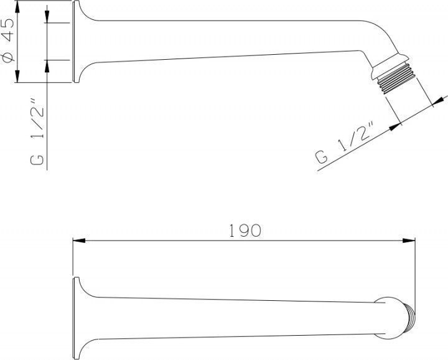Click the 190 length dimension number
[x=245, y=230]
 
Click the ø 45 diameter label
[x=7, y=40]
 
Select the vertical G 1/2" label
[x=37, y=132]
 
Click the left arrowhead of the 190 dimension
[x=79, y=240]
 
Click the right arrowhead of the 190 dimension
[x=409, y=240]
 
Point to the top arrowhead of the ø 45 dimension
[x=17, y=6]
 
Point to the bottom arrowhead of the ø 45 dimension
[x=17, y=77]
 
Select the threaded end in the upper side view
[x=396, y=78]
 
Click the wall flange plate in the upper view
[x=76, y=42]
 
